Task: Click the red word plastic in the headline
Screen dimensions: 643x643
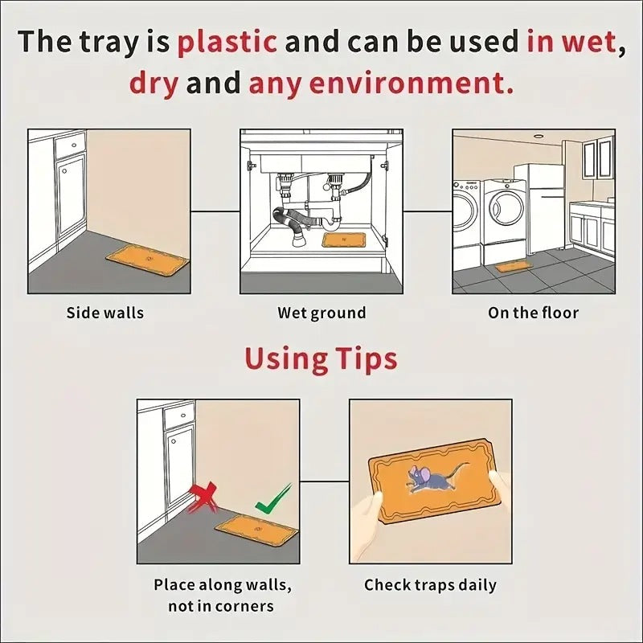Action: tap(227, 42)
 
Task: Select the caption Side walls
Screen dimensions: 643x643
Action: tap(105, 313)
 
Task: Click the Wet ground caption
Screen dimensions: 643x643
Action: tap(321, 313)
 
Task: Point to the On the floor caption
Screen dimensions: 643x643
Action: tap(533, 313)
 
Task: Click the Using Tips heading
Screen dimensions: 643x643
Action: tap(321, 359)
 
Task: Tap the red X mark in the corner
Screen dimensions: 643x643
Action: tap(203, 498)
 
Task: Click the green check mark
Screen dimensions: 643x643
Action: tap(273, 499)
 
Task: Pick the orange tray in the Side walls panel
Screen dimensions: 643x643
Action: tap(147, 259)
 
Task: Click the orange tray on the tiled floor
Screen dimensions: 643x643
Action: tap(514, 267)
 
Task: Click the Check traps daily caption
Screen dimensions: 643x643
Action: tap(430, 585)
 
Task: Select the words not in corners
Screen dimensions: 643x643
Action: tap(220, 606)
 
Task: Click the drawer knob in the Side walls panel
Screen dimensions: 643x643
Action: tap(73, 145)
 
